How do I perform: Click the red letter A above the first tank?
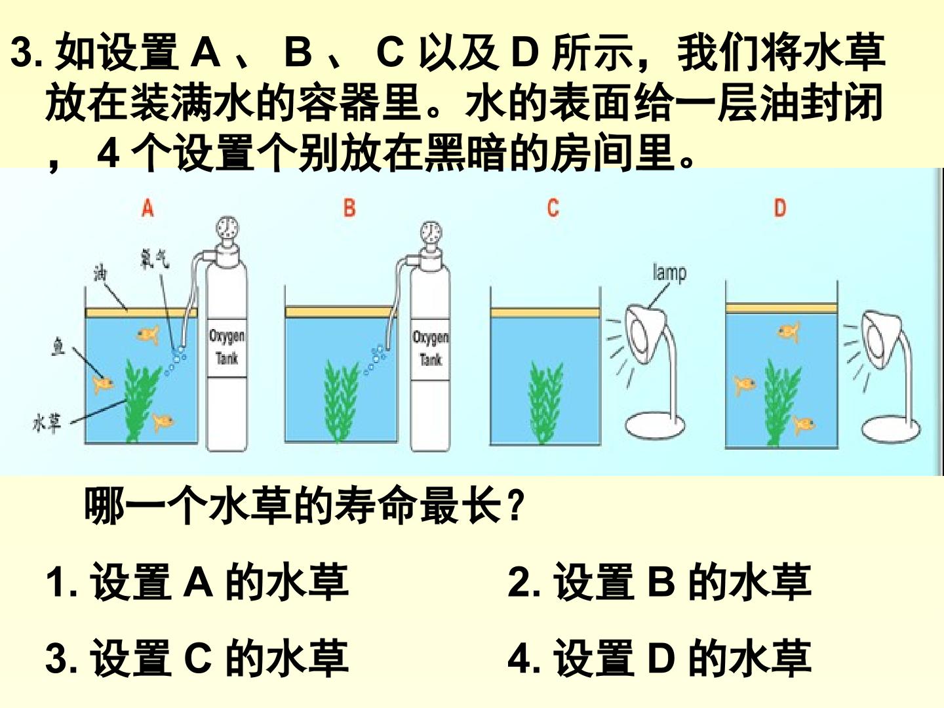click(x=147, y=209)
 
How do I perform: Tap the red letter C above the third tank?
click(x=553, y=208)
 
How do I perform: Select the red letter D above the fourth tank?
click(x=779, y=208)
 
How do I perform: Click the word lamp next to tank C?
click(x=669, y=273)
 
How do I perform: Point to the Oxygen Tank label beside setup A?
click(x=227, y=347)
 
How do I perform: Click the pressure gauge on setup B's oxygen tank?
click(x=431, y=233)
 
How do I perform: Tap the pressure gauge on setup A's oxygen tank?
click(x=227, y=229)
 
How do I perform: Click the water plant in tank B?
click(x=341, y=401)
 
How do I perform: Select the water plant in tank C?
click(x=545, y=403)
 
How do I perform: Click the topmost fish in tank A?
click(x=148, y=334)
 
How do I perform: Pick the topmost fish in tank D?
click(x=789, y=332)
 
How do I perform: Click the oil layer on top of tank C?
click(x=545, y=313)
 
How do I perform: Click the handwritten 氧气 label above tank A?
click(x=155, y=258)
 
